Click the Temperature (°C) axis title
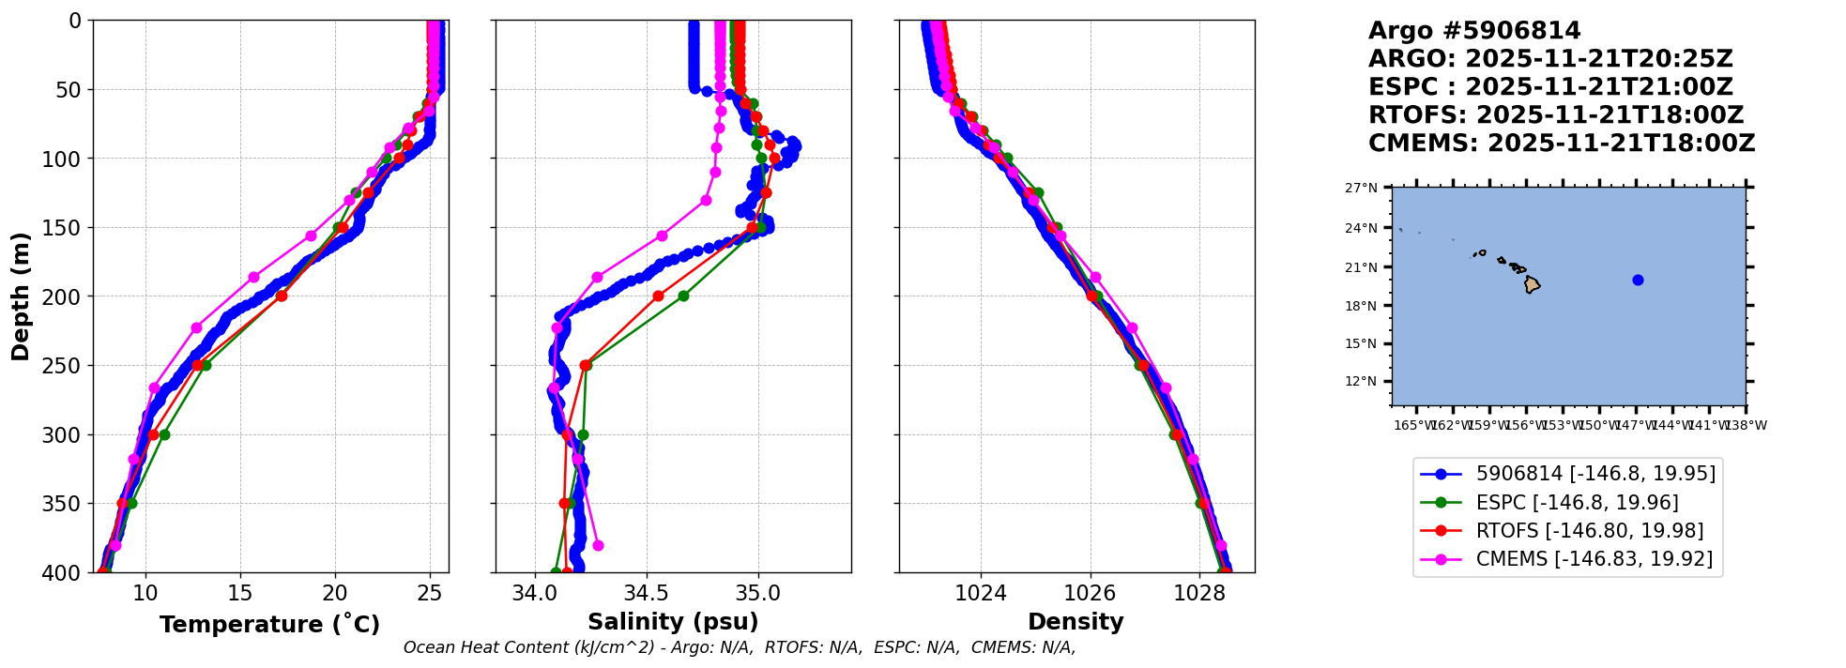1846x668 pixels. point(269,625)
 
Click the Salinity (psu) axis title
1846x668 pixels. point(673,622)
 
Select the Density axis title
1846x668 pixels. point(1076,622)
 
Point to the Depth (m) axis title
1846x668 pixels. point(21,296)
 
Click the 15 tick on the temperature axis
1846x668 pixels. point(240,594)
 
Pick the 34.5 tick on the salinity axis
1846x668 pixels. point(647,594)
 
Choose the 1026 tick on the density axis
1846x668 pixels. point(1091,594)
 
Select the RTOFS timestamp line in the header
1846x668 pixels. point(1555,115)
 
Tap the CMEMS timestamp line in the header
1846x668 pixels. point(1561,144)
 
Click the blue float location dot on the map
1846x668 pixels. point(1638,280)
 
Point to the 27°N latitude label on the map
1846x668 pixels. point(1361,188)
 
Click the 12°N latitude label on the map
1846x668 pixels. point(1361,381)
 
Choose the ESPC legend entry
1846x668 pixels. point(1577,502)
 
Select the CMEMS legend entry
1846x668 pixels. point(1594,559)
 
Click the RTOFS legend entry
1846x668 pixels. point(1589,531)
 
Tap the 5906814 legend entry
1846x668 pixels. point(1595,474)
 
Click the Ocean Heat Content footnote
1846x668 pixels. point(739,647)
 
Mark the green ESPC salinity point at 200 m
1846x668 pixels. point(683,296)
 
